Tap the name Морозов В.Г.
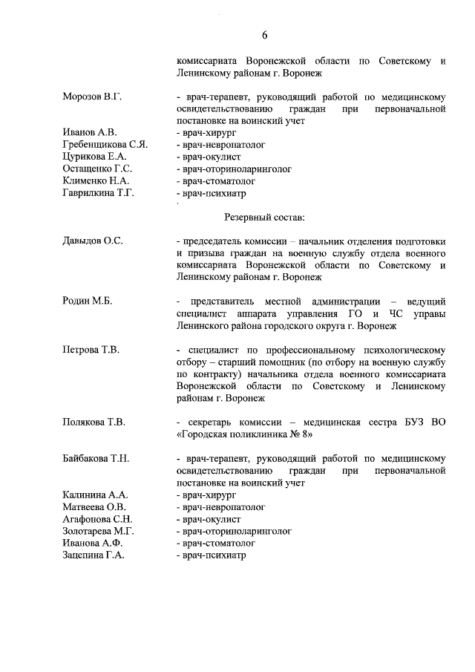coord(91,97)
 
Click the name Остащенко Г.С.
coord(98,169)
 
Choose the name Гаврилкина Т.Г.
coord(98,192)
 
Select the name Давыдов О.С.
coord(93,241)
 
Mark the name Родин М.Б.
coord(87,301)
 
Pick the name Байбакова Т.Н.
coord(96,458)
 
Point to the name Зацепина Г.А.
coord(95,555)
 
